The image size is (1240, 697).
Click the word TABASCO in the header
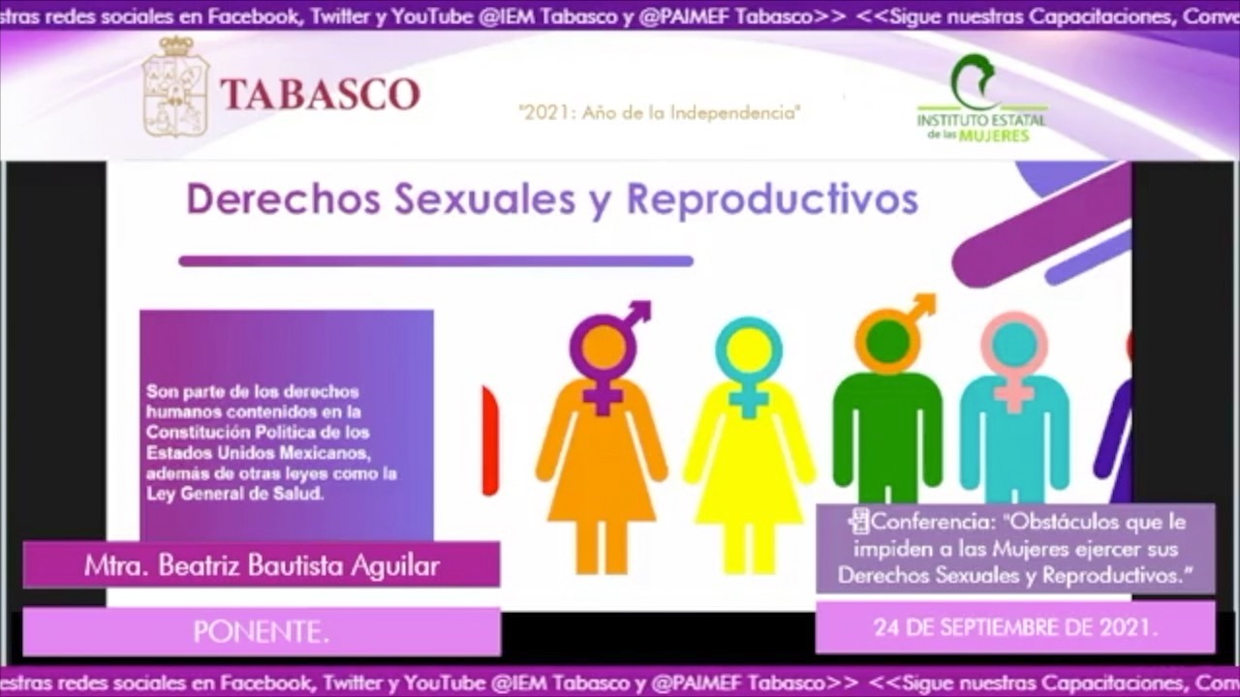click(x=320, y=94)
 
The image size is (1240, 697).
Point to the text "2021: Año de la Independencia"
click(x=660, y=112)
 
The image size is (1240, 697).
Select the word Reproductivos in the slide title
click(x=772, y=199)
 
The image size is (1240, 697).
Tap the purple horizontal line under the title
click(x=436, y=260)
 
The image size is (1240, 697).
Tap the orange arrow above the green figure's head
click(x=921, y=305)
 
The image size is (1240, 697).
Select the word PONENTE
click(x=261, y=632)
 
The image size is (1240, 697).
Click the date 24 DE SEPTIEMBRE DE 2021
click(x=1015, y=627)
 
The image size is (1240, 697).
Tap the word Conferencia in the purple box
click(x=925, y=522)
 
